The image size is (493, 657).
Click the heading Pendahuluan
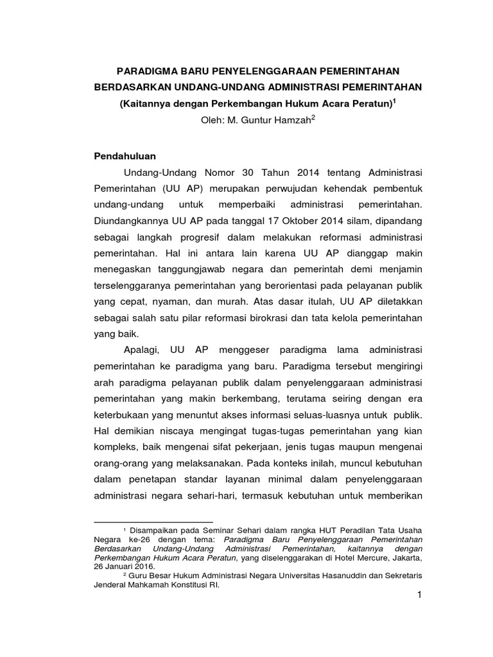pos(125,156)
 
